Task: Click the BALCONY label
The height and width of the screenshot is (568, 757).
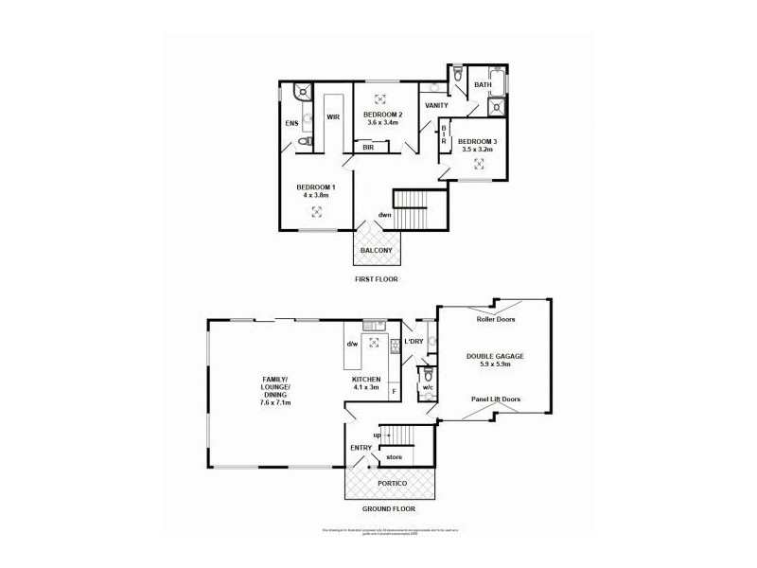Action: pos(376,250)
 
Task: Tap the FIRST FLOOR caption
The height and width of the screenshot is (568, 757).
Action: pos(376,279)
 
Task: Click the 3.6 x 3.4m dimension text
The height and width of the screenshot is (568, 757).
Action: pos(385,122)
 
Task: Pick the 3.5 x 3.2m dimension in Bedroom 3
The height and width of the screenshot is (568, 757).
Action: pos(479,150)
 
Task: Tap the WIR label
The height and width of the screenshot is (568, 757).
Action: pos(333,117)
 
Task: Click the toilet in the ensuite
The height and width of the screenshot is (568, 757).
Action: pos(304,142)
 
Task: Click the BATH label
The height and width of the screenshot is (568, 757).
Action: pos(483,85)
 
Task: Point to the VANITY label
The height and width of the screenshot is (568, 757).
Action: pos(436,105)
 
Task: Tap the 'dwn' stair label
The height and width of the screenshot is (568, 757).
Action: pos(384,214)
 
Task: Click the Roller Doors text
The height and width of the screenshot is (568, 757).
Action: pos(496,320)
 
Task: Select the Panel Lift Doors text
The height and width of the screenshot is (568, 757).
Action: pos(496,399)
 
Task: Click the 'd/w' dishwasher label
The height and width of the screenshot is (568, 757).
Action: pos(352,344)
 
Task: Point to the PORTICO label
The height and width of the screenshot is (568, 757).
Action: pos(390,482)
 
